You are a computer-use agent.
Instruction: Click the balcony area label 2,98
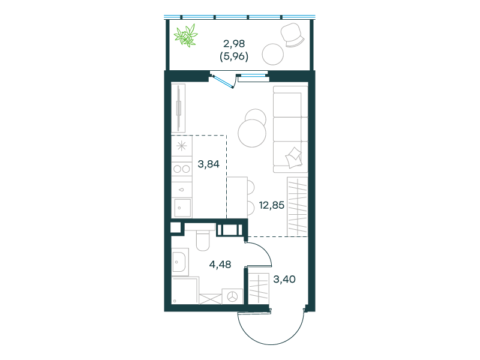234,44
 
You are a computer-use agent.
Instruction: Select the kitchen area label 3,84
208,164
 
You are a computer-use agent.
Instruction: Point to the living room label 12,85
272,205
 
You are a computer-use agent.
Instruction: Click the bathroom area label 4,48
220,264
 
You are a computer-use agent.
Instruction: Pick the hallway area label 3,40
284,279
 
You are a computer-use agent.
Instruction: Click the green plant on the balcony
186,35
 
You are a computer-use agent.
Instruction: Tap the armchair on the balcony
292,35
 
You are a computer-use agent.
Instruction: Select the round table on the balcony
272,54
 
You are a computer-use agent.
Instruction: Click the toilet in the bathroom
202,240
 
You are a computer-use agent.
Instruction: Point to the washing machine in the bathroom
232,296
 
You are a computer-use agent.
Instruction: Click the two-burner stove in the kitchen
182,169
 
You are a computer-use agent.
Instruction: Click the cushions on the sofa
294,157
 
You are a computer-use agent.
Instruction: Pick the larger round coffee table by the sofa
252,133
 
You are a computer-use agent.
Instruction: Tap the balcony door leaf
223,81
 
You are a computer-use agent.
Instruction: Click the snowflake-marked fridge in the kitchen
182,146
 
